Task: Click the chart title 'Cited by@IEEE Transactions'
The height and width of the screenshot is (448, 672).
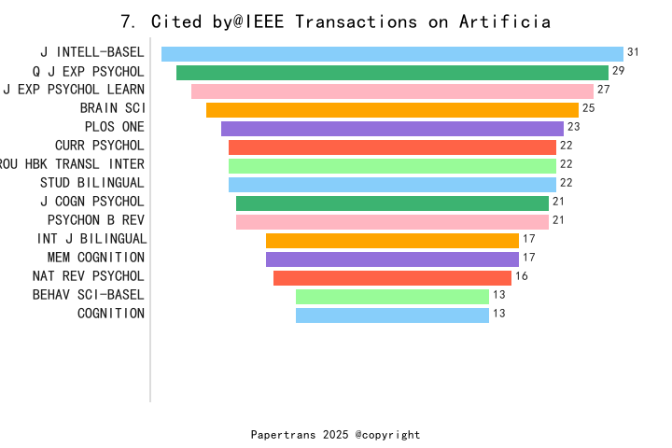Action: point(336,21)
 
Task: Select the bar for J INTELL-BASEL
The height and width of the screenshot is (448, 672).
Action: point(392,54)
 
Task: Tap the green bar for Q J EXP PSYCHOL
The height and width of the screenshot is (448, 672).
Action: point(392,73)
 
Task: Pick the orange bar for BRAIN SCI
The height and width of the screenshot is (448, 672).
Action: point(392,110)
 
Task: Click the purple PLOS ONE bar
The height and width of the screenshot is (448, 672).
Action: point(392,129)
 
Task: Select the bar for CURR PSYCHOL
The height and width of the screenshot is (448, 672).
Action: point(392,147)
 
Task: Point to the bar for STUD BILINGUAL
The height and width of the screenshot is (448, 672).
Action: point(392,185)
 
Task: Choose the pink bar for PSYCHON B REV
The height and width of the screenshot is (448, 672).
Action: point(392,222)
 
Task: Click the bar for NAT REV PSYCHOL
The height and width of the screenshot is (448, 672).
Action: point(392,278)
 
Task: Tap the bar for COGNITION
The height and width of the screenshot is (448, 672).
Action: point(392,315)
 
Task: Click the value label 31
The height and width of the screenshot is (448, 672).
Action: point(633,52)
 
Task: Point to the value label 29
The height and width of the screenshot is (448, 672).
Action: point(618,71)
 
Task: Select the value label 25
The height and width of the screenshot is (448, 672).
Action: point(588,108)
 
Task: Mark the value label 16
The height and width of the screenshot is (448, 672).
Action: point(521,276)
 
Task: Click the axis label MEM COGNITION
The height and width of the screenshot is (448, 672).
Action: point(96,258)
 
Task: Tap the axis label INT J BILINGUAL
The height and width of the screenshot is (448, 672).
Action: point(91,239)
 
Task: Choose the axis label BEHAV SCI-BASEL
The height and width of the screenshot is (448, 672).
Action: point(89,295)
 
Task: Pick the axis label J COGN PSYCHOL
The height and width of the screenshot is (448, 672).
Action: point(92,202)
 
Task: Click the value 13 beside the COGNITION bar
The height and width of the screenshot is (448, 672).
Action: point(498,314)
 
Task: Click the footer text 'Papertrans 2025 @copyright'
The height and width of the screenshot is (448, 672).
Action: point(335,435)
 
